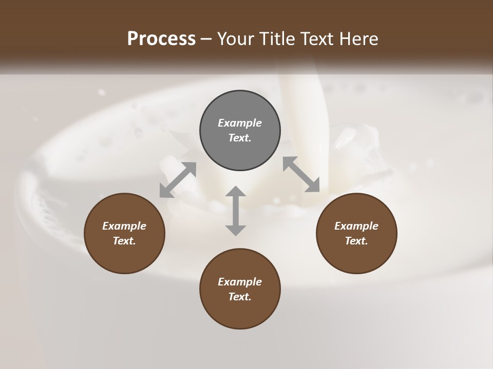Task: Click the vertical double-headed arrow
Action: [x=236, y=211]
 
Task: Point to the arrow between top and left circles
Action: [x=178, y=180]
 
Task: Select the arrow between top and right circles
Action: [x=301, y=174]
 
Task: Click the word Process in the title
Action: [x=161, y=38]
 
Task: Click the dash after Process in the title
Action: [x=206, y=39]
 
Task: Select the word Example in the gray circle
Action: [x=240, y=123]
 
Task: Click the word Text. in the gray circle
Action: [x=240, y=138]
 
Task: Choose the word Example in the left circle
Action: [x=124, y=226]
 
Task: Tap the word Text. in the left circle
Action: [x=124, y=241]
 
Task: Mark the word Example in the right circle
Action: [x=356, y=226]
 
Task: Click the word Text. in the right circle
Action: [x=356, y=241]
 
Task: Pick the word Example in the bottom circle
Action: [x=240, y=282]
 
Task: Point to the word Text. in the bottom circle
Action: [x=240, y=297]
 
